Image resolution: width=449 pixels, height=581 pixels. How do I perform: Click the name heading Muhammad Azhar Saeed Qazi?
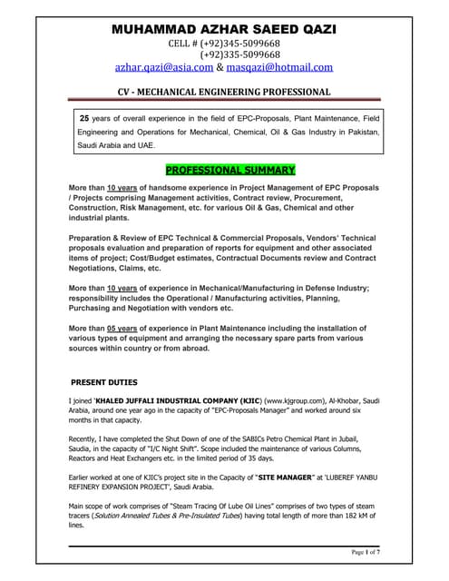tap(223, 29)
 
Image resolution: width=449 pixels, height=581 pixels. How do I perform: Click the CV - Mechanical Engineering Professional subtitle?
tap(224, 92)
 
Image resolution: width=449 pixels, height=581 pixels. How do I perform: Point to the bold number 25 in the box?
tap(85, 118)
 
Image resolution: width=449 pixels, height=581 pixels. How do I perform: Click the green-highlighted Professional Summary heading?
tap(223, 169)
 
